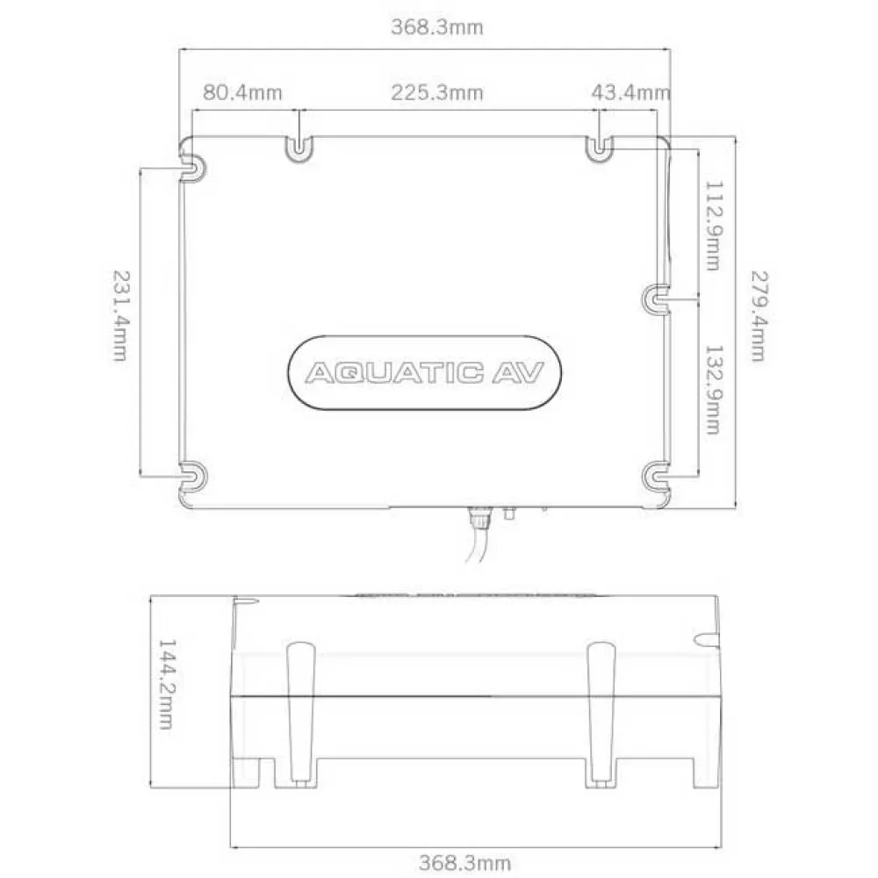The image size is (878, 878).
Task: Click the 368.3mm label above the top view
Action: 436,27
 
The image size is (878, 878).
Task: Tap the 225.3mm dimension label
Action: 436,92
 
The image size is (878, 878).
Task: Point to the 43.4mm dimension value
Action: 630,92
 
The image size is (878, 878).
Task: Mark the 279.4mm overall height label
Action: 758,316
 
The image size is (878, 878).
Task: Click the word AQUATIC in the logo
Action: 393,373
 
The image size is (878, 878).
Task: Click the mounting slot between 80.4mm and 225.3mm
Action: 299,149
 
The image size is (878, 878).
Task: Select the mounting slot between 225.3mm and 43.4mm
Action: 599,149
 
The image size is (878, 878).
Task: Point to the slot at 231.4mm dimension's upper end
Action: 192,167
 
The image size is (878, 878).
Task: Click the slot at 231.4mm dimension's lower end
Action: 192,476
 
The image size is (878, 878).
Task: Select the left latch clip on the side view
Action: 300,711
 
